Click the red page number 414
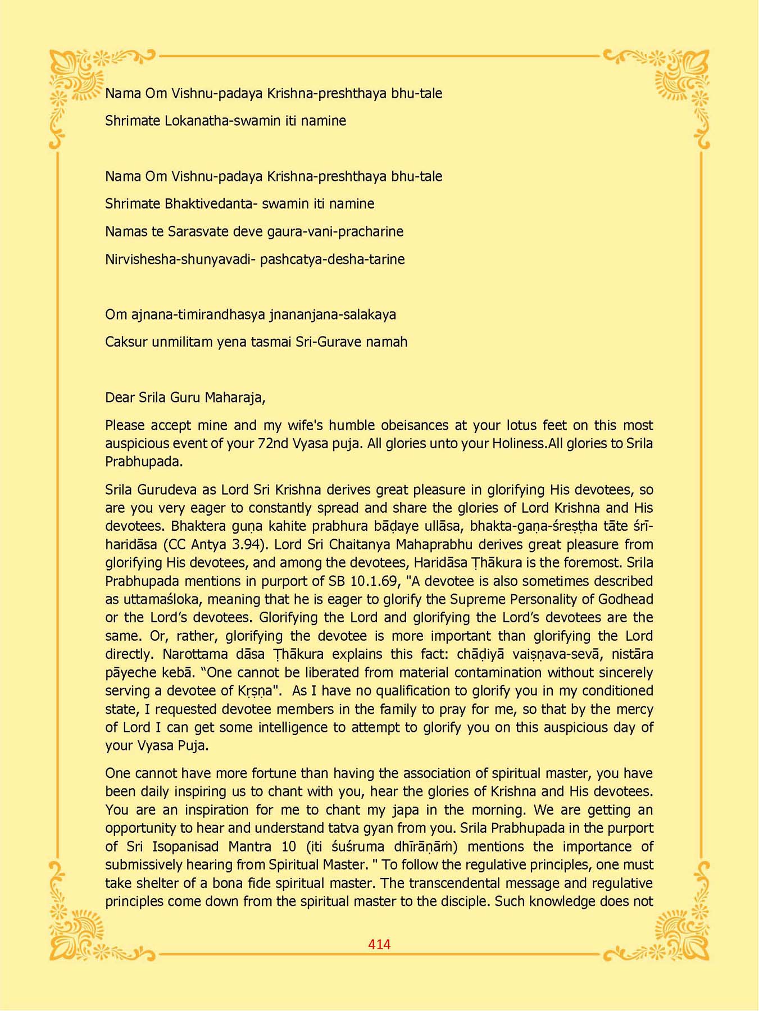click(379, 944)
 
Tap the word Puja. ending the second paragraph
click(193, 746)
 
